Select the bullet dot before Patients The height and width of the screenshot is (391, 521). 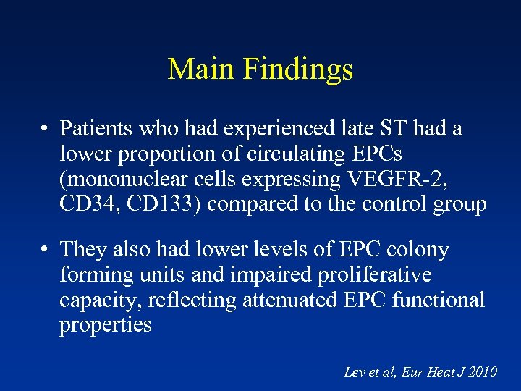tap(45, 130)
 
